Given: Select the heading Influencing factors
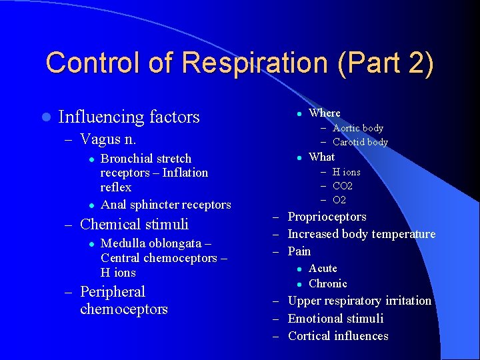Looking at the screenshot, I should tap(129, 117).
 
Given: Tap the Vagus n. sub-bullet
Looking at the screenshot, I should tap(108, 139).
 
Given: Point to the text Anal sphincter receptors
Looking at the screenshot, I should tap(165, 205).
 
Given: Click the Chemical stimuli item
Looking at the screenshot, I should tap(134, 224).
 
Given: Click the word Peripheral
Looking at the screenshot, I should tap(112, 292).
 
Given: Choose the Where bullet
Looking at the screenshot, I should tap(324, 113).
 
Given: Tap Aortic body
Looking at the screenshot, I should tap(358, 128).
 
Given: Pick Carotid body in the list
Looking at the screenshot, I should tap(360, 142).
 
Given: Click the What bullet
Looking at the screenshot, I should tap(321, 157).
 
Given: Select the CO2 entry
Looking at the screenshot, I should tap(343, 186).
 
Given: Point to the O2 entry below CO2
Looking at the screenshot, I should tap(339, 200).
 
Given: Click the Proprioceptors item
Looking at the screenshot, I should tap(327, 217).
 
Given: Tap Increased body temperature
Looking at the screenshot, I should tap(361, 234).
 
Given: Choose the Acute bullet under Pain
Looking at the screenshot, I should tap(323, 268).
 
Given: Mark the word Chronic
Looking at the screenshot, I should tap(327, 283).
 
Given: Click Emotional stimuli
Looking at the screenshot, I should tap(335, 319).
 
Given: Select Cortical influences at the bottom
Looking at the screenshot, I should tap(338, 336).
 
